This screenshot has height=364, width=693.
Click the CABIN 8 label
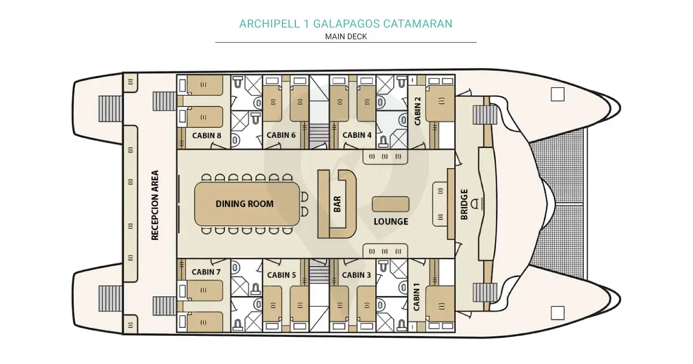[206, 135]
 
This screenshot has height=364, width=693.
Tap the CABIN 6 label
[281, 135]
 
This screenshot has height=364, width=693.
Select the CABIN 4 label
[357, 135]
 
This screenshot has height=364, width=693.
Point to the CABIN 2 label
[417, 110]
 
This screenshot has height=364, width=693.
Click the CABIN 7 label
[206, 272]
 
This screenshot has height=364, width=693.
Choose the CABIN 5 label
[281, 275]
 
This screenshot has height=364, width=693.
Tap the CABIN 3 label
[357, 275]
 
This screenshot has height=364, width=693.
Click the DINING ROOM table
[245, 204]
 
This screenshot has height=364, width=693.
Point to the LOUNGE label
[391, 221]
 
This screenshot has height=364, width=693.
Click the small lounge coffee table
[391, 204]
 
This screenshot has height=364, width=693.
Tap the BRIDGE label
[464, 204]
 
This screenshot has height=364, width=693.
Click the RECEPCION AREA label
[155, 205]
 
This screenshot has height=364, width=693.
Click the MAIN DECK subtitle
[346, 37]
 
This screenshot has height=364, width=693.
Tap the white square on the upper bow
[558, 94]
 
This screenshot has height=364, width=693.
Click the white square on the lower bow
[558, 312]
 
